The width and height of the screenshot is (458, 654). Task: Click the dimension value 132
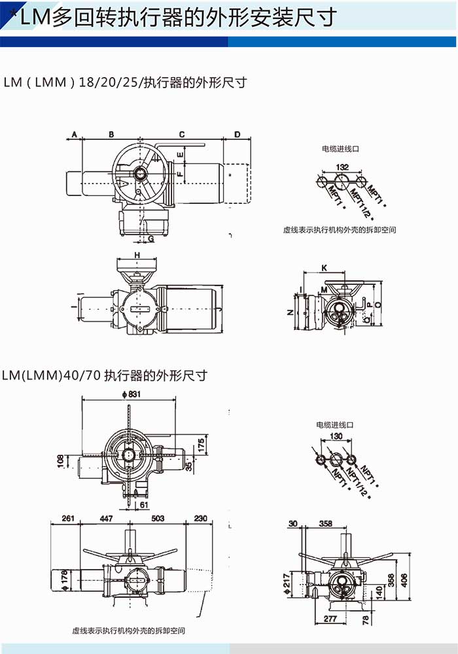342,167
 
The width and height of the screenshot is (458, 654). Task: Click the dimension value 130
337,436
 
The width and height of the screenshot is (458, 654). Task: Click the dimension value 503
158,518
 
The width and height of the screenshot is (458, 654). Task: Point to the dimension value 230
200,518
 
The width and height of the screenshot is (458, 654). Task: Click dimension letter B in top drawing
111,135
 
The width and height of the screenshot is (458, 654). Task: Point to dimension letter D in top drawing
238,135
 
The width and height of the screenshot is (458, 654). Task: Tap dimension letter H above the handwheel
137,253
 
